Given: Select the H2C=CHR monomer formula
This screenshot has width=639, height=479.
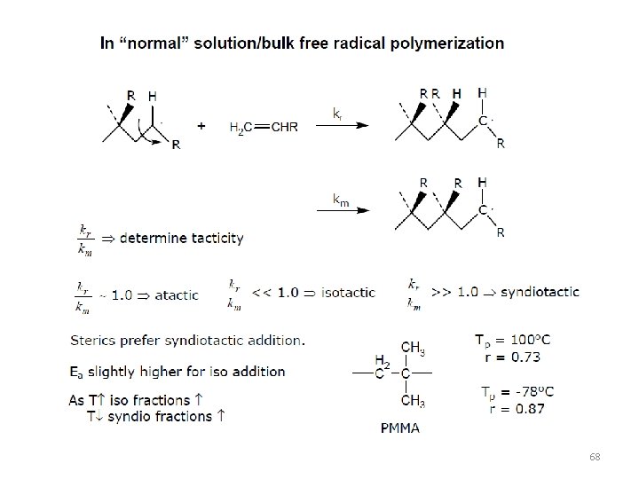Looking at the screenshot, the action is tap(264, 128).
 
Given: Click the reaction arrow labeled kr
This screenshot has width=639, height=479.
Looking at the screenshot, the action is tap(342, 125).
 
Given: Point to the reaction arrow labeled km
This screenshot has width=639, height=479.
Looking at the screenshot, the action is tap(342, 209).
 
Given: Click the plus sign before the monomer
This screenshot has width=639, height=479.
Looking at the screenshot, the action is tap(201, 126).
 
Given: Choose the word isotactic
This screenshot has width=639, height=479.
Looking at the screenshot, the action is tap(343, 292).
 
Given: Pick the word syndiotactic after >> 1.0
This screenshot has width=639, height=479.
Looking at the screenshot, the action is tap(539, 292).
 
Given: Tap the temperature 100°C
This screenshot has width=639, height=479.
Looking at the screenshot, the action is tap(527, 341).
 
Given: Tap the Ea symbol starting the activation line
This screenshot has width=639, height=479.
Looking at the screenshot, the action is tap(76, 372).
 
